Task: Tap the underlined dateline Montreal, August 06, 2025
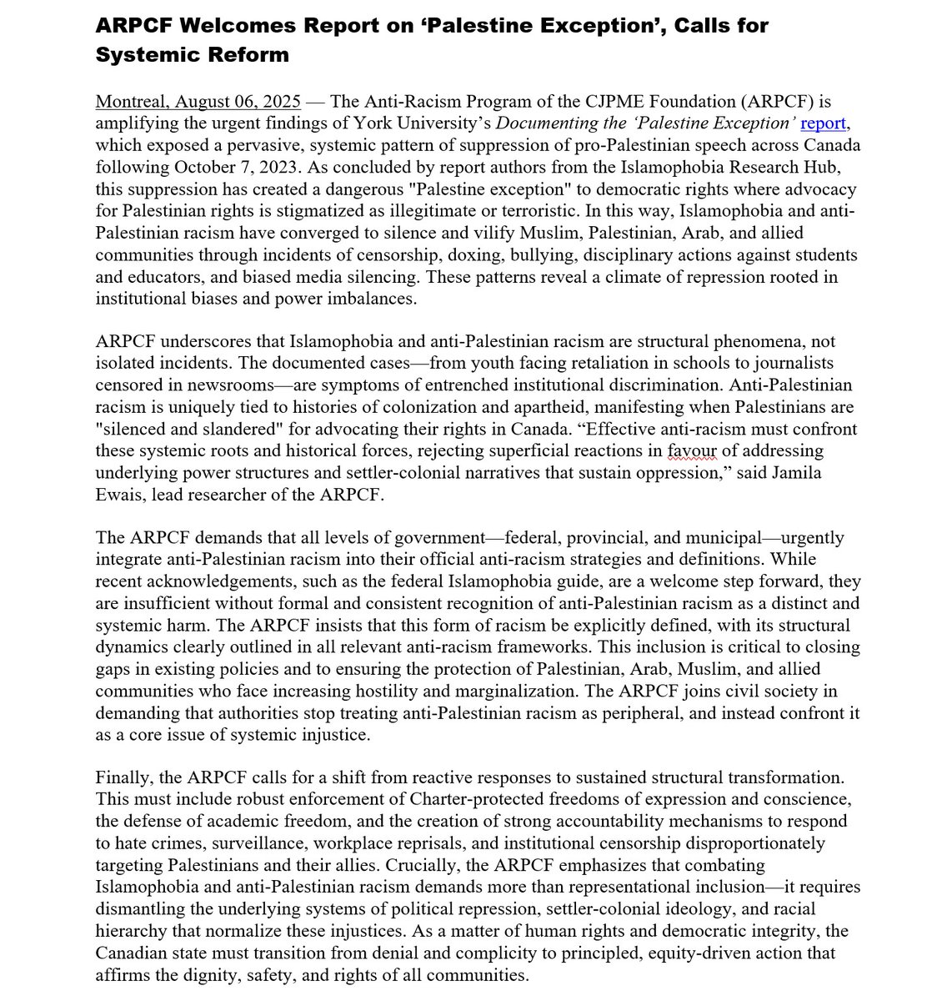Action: tap(198, 102)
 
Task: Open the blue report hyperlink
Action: tap(824, 123)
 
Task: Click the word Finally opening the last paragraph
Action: tap(123, 777)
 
